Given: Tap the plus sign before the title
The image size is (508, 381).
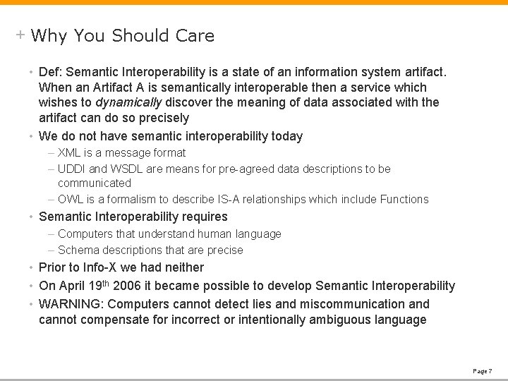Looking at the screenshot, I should pyautogui.click(x=20, y=35).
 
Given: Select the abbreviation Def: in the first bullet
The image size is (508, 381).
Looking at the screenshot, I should pyautogui.click(x=52, y=72).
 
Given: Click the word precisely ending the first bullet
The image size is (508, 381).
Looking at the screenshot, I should pyautogui.click(x=164, y=118).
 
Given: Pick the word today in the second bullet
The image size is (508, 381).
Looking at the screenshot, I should pyautogui.click(x=287, y=136).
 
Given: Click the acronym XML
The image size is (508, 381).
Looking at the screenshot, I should pyautogui.click(x=69, y=153).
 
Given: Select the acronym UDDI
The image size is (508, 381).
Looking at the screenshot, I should pyautogui.click(x=71, y=169).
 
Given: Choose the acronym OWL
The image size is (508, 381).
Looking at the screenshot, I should pyautogui.click(x=70, y=200).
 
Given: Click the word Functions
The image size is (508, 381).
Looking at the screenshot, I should pyautogui.click(x=404, y=200).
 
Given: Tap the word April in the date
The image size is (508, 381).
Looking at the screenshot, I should pyautogui.click(x=71, y=286).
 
